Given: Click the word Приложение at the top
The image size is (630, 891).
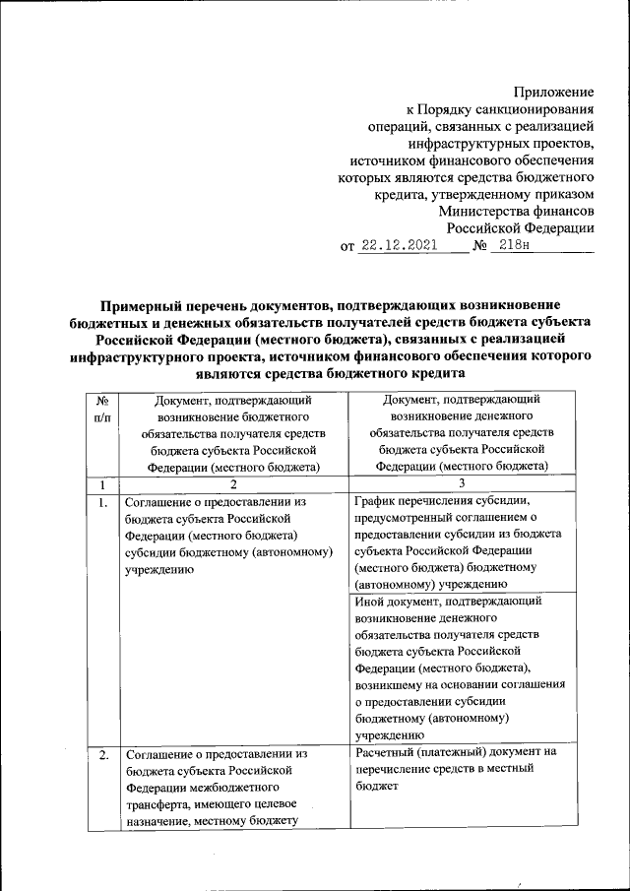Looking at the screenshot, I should tap(554, 92).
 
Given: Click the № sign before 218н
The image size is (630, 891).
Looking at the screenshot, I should tap(481, 246).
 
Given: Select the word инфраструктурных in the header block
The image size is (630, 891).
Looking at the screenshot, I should tap(466, 144).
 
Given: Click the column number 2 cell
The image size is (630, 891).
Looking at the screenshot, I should tap(233, 484).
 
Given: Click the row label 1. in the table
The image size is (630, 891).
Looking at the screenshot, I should tap(101, 503).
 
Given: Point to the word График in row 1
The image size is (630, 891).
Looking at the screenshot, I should tap(373, 499).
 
